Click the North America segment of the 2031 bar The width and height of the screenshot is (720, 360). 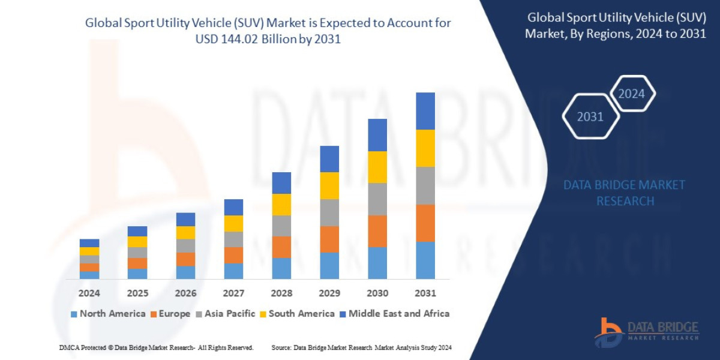(x=425, y=260)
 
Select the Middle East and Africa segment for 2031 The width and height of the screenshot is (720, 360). (x=425, y=111)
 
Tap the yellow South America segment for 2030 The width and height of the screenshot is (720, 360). (x=377, y=167)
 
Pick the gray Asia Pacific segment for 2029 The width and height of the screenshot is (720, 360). (x=329, y=212)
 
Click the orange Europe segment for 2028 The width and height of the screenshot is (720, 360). (x=281, y=247)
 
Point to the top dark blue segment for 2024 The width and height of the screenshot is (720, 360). (x=89, y=243)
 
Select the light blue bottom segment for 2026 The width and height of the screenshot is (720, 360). (x=185, y=272)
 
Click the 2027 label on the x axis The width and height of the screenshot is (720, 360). (x=233, y=293)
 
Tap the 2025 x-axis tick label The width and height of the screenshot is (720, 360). (x=137, y=293)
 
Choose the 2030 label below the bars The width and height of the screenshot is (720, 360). (x=377, y=293)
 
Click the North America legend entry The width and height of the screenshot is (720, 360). (x=108, y=314)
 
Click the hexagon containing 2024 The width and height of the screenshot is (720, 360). (x=631, y=94)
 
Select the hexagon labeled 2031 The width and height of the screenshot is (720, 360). (x=590, y=116)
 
